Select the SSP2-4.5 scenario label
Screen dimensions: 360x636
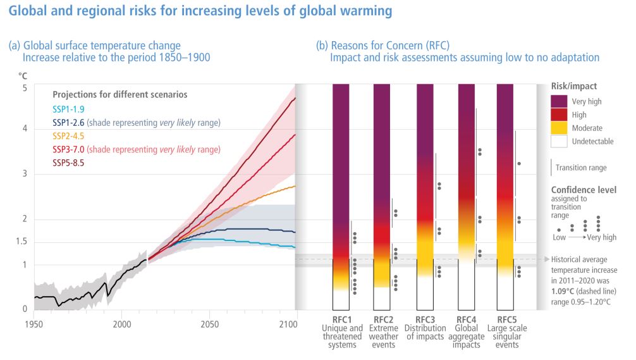tap(68, 135)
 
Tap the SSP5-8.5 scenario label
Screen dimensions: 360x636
tap(68, 163)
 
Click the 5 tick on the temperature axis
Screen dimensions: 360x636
tap(24, 89)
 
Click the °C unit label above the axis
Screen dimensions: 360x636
tap(22, 75)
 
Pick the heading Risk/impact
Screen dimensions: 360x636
tap(574, 85)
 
